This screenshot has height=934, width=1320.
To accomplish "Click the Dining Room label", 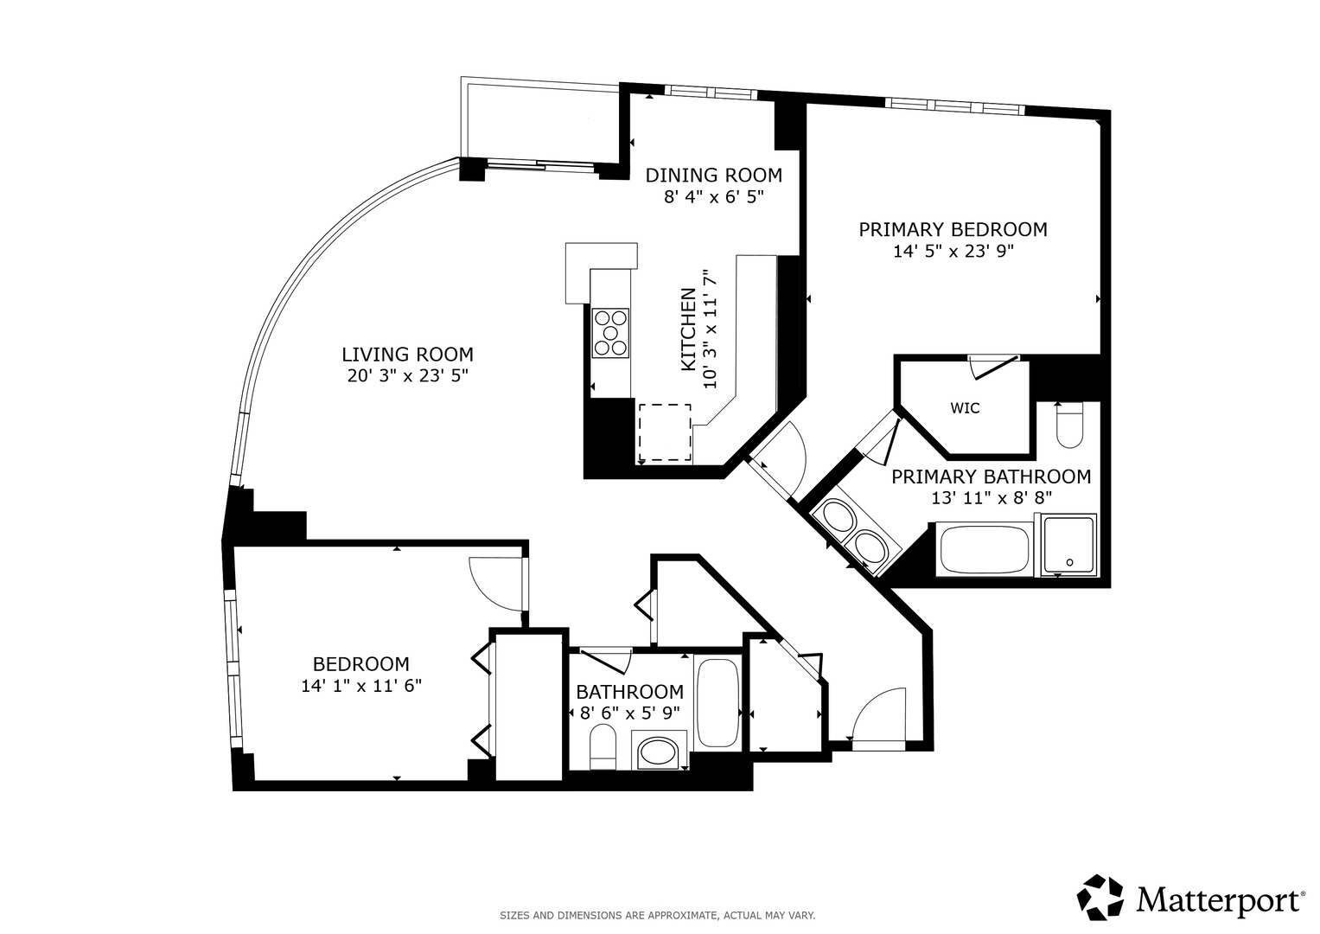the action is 714,175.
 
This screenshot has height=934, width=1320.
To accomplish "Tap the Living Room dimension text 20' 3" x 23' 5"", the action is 407,375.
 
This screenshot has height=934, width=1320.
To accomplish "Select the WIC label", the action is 965,408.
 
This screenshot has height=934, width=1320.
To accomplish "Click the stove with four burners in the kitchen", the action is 610,333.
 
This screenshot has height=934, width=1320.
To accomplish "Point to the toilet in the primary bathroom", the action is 1069,425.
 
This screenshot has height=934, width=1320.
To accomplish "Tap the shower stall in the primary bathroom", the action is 1069,545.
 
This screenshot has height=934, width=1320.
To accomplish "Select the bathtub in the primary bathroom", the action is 984,549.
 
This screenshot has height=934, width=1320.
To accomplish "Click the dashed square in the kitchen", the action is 665,432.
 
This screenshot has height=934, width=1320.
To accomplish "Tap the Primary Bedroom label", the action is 953,229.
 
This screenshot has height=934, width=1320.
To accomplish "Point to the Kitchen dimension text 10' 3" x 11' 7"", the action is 711,329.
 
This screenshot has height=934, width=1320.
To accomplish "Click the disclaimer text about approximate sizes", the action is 658,916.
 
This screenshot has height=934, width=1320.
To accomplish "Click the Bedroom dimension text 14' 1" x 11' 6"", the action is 362,687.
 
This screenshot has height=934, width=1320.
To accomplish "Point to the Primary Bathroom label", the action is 992,477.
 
